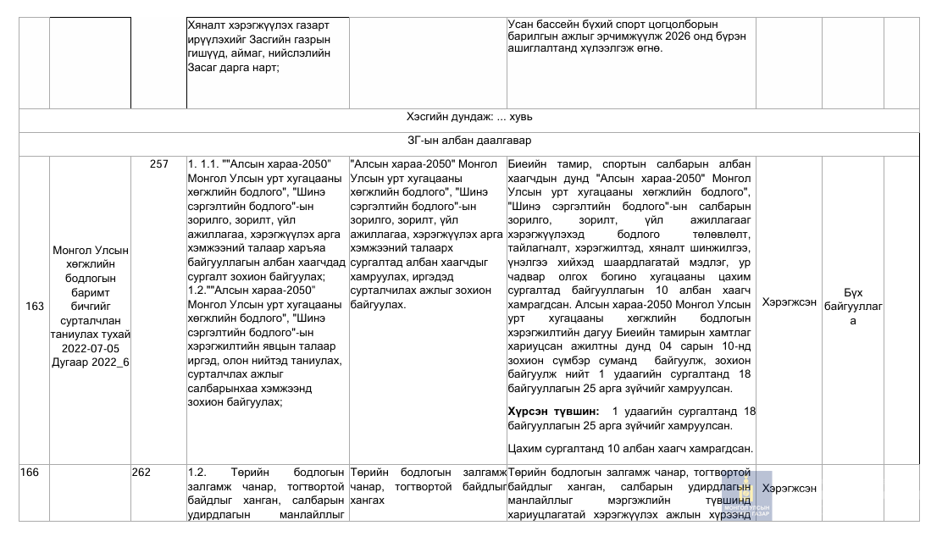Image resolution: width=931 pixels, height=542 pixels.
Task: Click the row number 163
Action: (35, 307)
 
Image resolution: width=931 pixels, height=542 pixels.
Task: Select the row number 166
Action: (30, 473)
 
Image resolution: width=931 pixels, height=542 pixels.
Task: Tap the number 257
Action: (159, 164)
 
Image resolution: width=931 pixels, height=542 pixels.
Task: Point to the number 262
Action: (141, 473)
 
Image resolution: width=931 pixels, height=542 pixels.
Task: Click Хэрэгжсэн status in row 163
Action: (789, 301)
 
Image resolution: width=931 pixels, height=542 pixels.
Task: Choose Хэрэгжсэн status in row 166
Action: (789, 489)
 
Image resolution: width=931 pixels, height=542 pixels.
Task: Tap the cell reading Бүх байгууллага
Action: (853, 307)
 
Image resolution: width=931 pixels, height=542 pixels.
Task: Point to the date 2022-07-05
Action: (91, 348)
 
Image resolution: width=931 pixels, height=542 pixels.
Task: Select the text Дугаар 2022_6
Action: (91, 362)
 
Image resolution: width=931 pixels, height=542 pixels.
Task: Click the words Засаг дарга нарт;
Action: (233, 67)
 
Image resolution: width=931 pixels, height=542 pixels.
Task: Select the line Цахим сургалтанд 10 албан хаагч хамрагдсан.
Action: (631, 448)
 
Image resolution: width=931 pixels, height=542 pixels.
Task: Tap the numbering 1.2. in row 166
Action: (198, 473)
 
